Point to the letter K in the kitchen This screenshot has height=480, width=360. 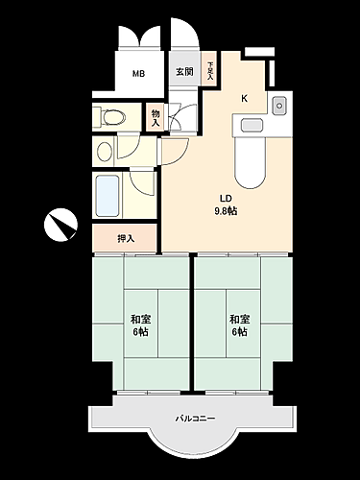[243, 98]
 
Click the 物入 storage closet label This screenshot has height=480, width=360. [156, 117]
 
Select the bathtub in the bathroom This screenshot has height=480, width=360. [108, 196]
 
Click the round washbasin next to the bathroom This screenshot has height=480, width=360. [104, 151]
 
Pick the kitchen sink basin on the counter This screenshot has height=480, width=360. [251, 124]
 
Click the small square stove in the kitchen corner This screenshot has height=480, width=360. [279, 104]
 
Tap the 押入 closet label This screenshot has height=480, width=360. [125, 238]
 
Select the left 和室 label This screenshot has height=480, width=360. [139, 319]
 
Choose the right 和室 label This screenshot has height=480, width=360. [238, 319]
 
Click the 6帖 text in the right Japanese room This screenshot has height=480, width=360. [238, 332]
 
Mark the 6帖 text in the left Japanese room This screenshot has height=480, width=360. [139, 332]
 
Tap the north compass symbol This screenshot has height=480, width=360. [60, 226]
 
